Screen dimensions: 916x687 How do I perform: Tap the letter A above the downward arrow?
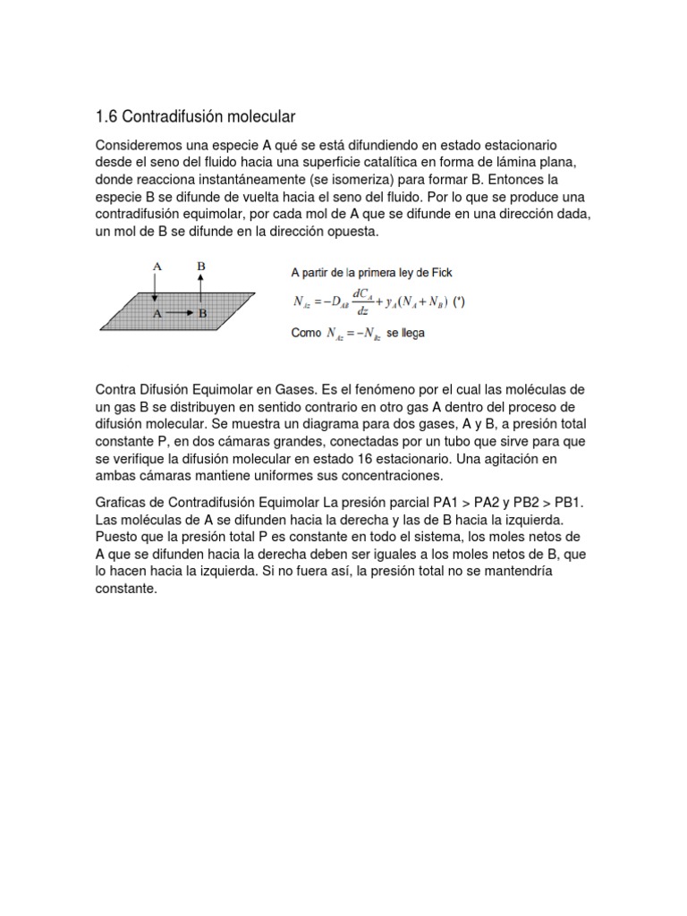click(157, 266)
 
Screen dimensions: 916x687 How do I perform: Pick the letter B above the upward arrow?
click(201, 266)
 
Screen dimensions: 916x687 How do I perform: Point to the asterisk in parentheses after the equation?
click(459, 301)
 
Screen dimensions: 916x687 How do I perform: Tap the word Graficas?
click(123, 503)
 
